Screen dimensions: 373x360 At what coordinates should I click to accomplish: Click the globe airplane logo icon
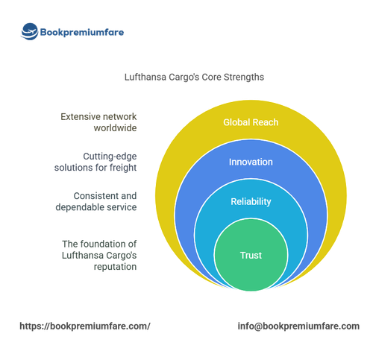pos(29,31)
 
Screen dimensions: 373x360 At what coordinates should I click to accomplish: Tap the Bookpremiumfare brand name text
pos(82,32)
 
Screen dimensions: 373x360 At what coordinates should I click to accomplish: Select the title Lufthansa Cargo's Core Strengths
pos(194,77)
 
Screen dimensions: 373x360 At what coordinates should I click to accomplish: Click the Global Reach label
pos(251,122)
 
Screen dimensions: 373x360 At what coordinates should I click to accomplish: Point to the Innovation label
pos(251,162)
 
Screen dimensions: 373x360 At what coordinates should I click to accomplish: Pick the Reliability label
pos(251,202)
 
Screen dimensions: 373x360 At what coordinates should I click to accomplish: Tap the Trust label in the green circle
pos(251,256)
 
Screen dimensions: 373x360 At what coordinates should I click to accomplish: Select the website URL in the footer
pos(85,326)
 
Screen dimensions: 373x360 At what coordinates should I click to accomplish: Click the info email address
pos(298,326)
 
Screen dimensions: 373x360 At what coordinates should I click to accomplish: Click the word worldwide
pos(115,128)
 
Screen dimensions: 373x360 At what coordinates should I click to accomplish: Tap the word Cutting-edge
pos(110,157)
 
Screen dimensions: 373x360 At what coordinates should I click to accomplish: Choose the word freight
pos(123,168)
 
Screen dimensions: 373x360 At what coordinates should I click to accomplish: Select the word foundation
pos(102,244)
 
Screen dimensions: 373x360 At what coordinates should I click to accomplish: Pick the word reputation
pos(115,267)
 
